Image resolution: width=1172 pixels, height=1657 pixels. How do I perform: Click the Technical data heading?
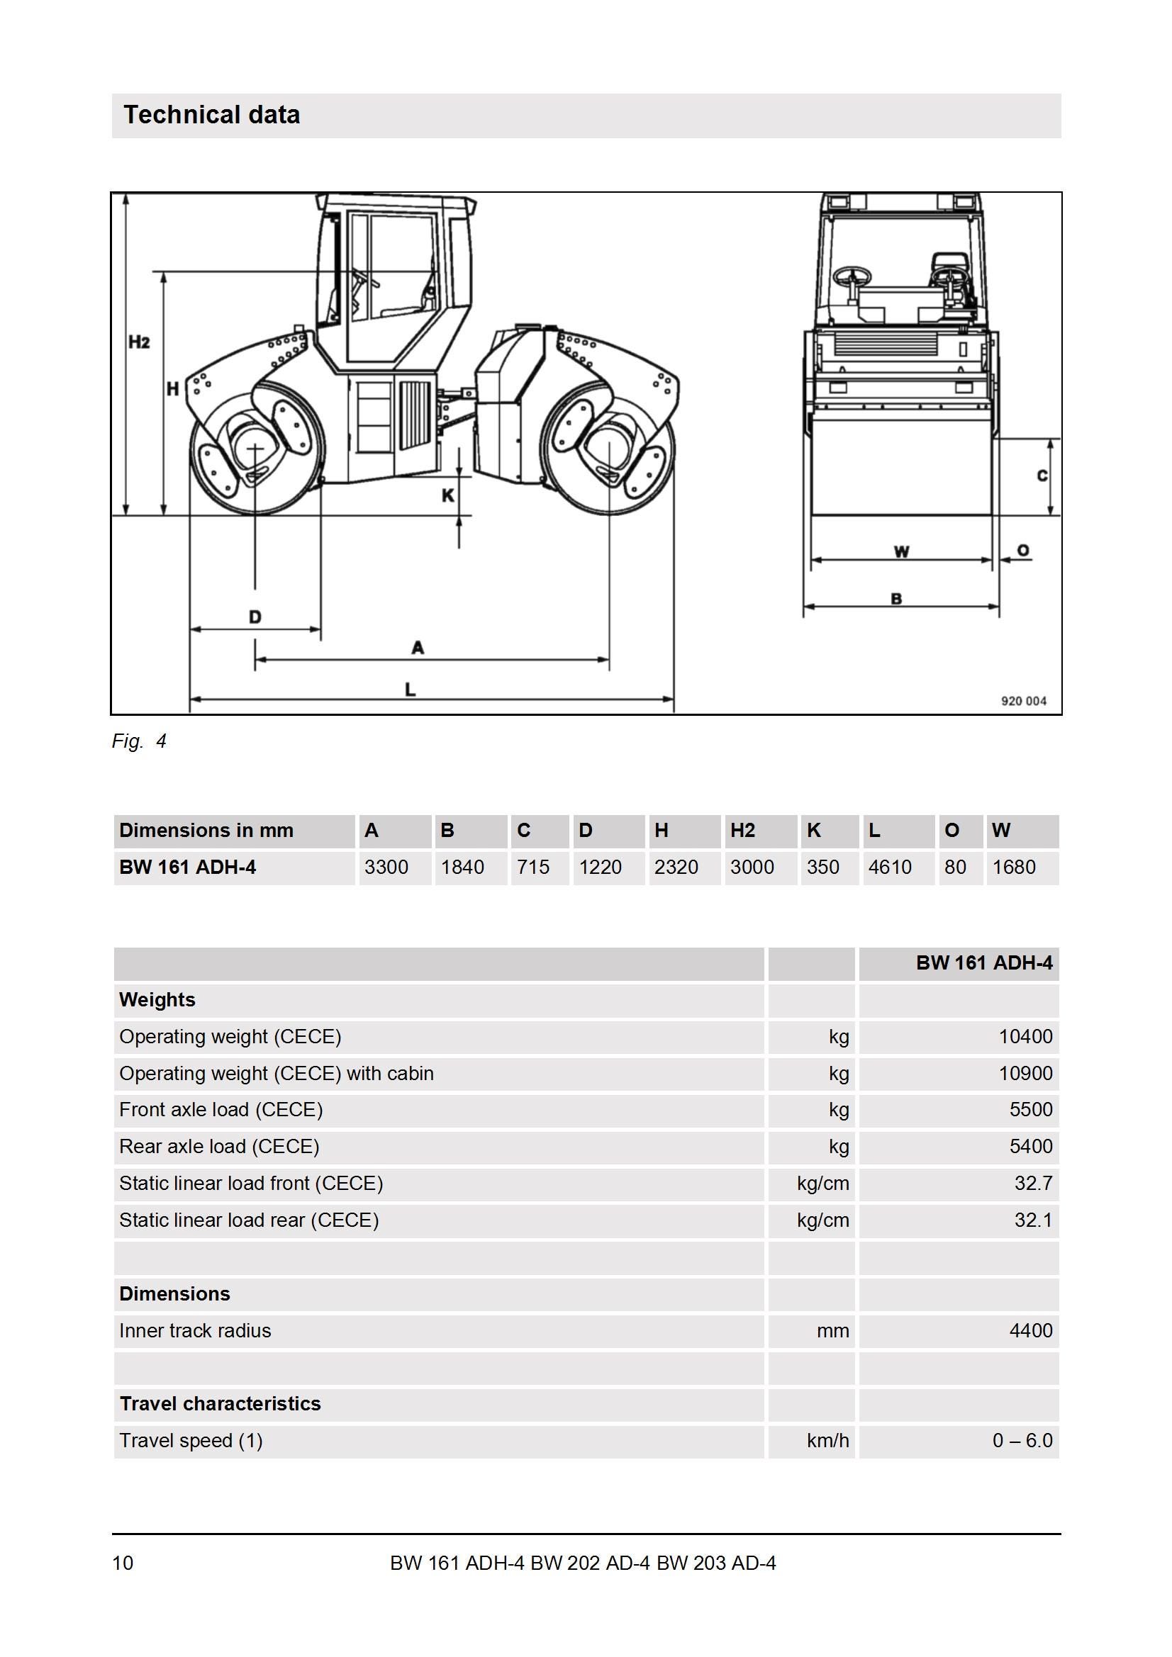(211, 115)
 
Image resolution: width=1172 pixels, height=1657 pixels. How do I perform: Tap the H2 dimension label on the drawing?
(140, 342)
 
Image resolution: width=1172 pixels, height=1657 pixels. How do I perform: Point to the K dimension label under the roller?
(448, 496)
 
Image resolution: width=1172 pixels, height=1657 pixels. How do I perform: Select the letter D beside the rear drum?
(255, 617)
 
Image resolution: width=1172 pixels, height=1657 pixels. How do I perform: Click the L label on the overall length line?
(410, 689)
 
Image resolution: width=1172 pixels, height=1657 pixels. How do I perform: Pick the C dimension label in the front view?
(1042, 476)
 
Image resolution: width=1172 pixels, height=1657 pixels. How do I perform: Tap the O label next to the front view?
(1023, 551)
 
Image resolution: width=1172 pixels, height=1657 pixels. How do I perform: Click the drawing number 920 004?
(1023, 701)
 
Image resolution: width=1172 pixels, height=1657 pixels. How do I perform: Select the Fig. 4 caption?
(140, 741)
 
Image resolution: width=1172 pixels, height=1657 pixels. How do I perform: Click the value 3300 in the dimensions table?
(386, 867)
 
